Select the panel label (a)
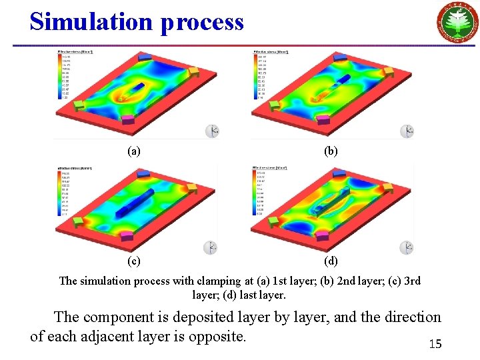pos(134,151)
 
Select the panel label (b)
pos(331,151)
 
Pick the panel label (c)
pos(134,261)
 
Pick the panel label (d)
pos(331,261)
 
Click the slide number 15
pos(435,344)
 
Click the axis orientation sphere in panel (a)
pos(211,131)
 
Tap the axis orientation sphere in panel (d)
pos(407,248)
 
